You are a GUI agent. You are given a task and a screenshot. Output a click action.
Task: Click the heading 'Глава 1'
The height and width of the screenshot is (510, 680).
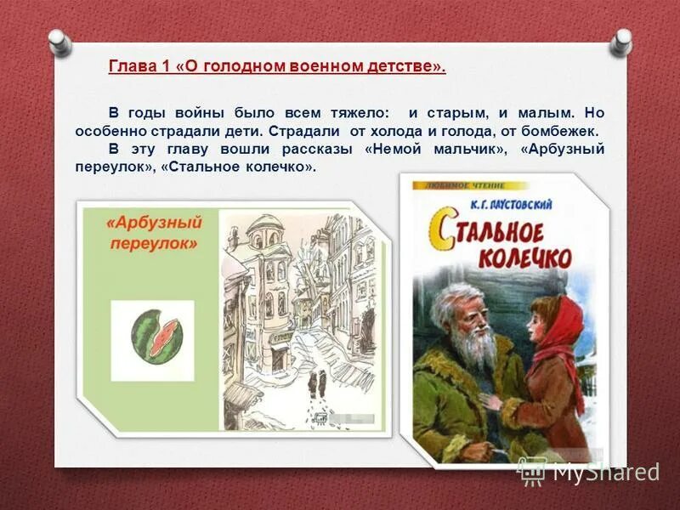tap(139, 67)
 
